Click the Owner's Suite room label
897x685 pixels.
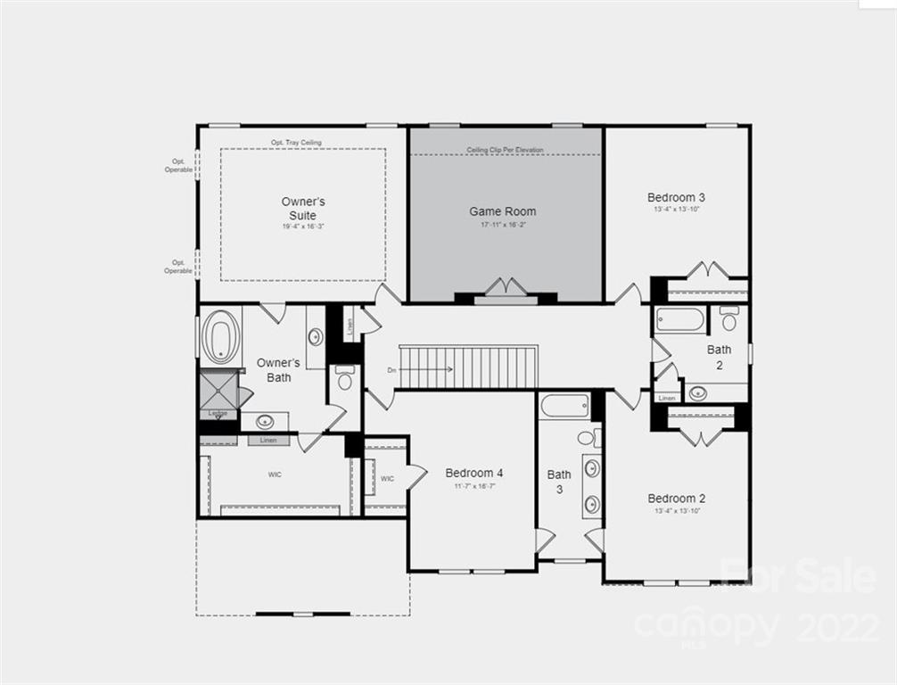(x=303, y=209)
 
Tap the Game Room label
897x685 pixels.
(x=503, y=211)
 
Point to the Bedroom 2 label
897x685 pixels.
(x=677, y=498)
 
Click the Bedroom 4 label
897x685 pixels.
(x=474, y=473)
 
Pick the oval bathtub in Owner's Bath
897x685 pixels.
(x=219, y=337)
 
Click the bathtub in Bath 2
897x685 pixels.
(x=680, y=319)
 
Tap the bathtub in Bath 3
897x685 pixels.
(x=564, y=406)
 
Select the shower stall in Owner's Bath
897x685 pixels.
(x=218, y=390)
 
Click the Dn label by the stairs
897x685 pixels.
(x=391, y=369)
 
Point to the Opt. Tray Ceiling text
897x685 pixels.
(x=296, y=143)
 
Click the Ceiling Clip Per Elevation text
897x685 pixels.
(x=505, y=150)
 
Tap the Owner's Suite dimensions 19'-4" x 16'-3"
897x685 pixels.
(x=303, y=227)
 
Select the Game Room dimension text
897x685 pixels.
(x=503, y=225)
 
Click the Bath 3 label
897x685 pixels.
(x=559, y=482)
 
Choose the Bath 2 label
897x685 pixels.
(x=719, y=357)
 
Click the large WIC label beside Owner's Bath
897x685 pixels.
(x=275, y=475)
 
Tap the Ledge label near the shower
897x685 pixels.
(x=217, y=413)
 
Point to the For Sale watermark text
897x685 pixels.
(x=798, y=576)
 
